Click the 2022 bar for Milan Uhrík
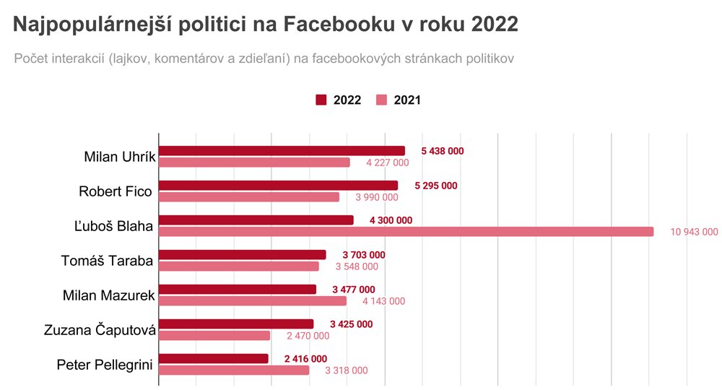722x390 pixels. click(x=282, y=151)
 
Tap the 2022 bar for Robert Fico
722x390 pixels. click(x=278, y=186)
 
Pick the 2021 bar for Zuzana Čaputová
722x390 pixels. click(x=214, y=336)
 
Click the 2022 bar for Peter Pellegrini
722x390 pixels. click(x=213, y=359)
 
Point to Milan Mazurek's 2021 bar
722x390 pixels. click(x=253, y=301)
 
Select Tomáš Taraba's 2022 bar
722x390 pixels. click(x=242, y=255)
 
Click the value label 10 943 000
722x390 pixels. click(x=694, y=232)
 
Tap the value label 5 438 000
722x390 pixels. click(x=442, y=151)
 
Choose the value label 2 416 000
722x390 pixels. click(x=305, y=359)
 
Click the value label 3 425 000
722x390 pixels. click(x=351, y=324)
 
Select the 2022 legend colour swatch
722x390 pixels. click(x=321, y=100)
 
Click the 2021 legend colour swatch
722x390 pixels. click(x=382, y=100)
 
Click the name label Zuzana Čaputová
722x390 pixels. click(x=100, y=330)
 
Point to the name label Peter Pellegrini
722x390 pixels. click(x=105, y=365)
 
